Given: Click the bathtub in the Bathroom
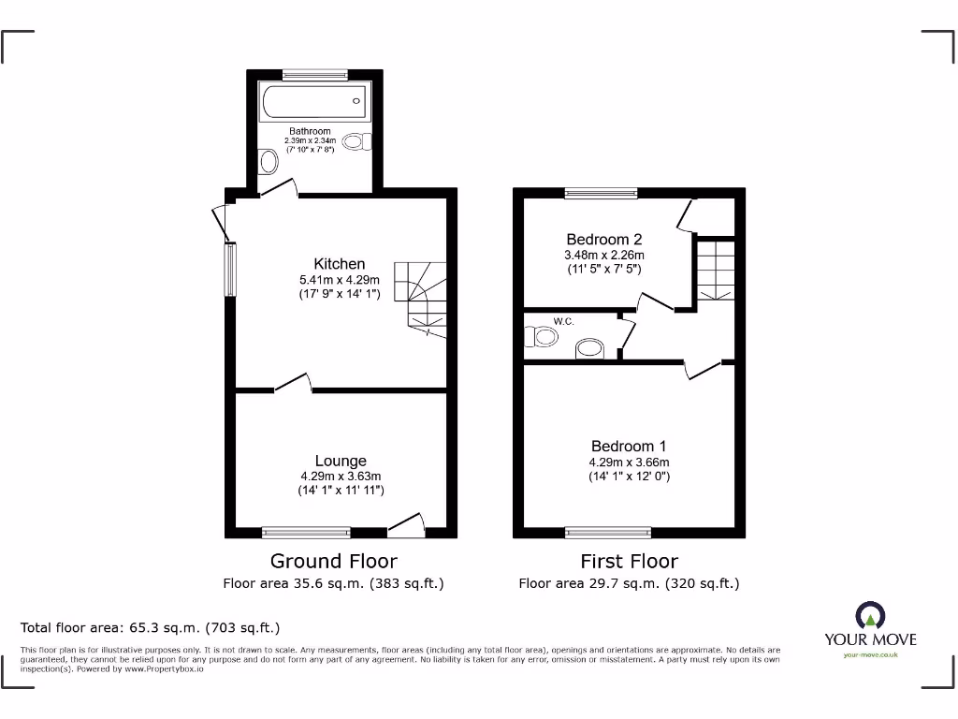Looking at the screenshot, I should click(x=313, y=101).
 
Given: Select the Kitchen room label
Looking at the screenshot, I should click(x=339, y=264).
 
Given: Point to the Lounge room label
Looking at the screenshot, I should click(x=341, y=461).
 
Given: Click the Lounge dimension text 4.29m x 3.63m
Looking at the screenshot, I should click(x=341, y=476).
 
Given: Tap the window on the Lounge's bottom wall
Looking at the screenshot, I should click(x=306, y=532).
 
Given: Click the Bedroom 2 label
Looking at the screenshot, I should click(x=603, y=240).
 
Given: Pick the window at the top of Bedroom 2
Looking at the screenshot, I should click(x=602, y=194).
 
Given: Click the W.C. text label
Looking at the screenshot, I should click(x=563, y=322).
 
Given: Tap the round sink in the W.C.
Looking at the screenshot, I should click(x=589, y=348).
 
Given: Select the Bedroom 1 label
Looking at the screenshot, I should click(x=629, y=447).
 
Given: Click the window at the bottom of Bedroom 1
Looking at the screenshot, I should click(x=608, y=532).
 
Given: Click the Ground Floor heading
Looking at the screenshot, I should click(x=333, y=561).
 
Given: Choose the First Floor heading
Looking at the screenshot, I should click(x=629, y=561).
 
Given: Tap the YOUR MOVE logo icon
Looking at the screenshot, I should click(x=870, y=616).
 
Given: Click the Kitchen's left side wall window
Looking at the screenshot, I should click(x=230, y=270).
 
